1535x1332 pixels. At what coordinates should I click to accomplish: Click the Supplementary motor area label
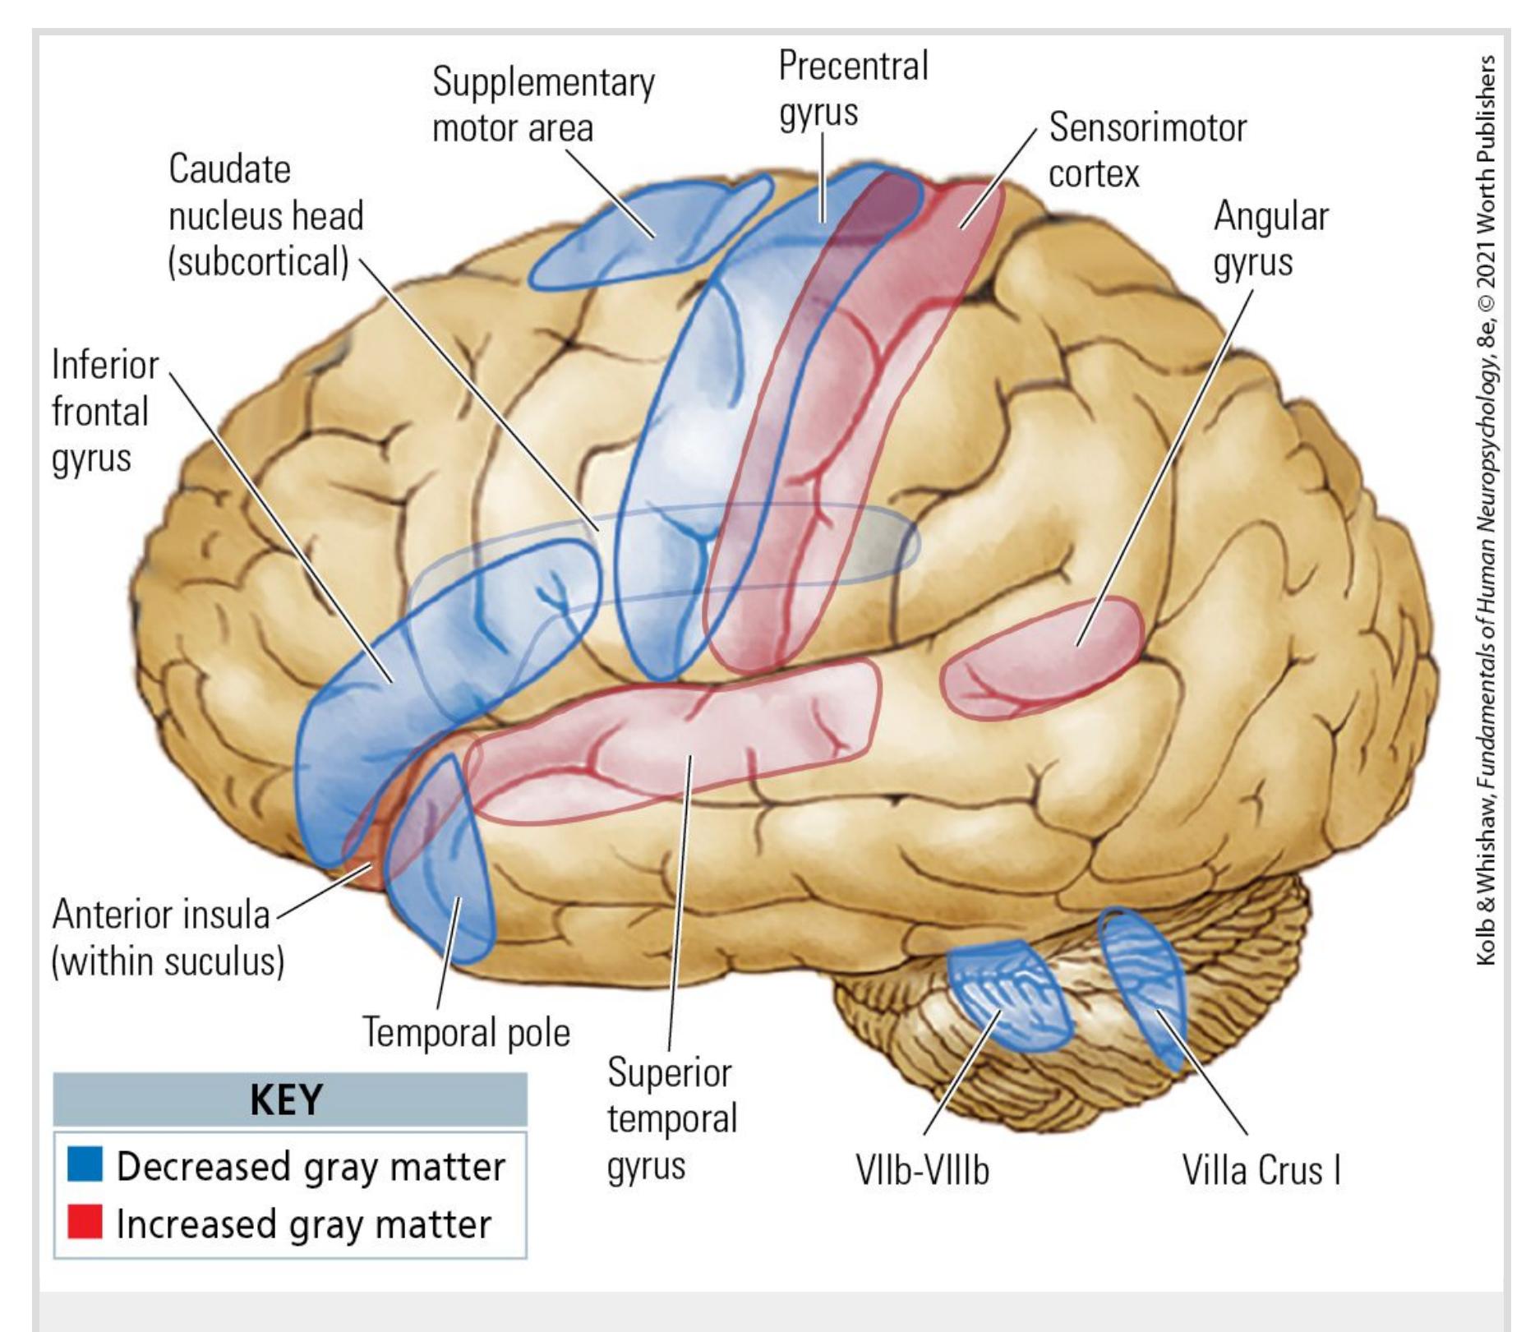point(542,105)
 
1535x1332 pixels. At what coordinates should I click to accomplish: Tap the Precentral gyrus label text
point(853,89)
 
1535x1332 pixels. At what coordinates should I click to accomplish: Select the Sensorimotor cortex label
point(1146,150)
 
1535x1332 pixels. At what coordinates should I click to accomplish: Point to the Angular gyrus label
point(1270,239)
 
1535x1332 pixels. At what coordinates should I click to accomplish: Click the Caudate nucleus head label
point(265,215)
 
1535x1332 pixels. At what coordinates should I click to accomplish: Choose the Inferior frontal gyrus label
point(104,411)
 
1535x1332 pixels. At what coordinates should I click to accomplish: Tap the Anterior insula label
point(167,938)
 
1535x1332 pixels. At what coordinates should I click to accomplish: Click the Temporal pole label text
point(466,1033)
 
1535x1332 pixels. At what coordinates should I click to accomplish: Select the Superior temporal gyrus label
point(671,1119)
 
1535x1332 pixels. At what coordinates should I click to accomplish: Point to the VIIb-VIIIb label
point(922,1170)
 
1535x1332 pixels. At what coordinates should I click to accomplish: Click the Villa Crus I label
point(1261,1170)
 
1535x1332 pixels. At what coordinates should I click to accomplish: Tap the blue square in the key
point(85,1164)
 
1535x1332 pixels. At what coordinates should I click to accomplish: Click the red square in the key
point(85,1221)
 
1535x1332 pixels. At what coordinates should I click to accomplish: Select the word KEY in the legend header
point(286,1099)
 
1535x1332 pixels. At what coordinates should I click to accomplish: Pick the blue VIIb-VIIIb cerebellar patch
point(1009,994)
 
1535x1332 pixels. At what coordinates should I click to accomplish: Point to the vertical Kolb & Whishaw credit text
point(1486,509)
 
